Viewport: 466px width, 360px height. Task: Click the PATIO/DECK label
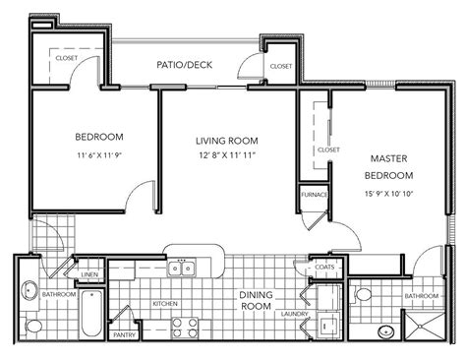(x=186, y=65)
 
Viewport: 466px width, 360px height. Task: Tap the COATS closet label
(x=323, y=266)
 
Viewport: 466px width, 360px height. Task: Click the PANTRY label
(x=124, y=335)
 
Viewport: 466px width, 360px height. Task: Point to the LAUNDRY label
(x=292, y=314)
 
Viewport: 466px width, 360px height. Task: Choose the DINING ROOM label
(x=256, y=300)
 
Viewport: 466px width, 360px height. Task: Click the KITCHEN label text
(x=164, y=304)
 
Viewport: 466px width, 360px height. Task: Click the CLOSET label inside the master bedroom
(x=328, y=150)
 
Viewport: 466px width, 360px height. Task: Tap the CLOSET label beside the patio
(x=280, y=66)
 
